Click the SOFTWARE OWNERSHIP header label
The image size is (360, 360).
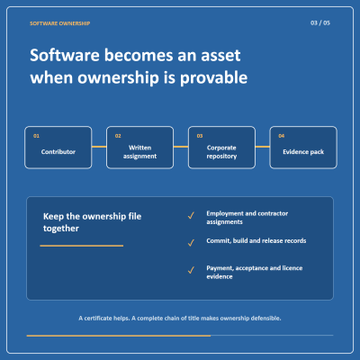(59, 23)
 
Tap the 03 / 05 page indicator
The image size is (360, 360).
(320, 22)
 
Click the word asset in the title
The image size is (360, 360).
(220, 56)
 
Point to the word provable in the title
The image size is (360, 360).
(213, 78)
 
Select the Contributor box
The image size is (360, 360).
(58, 148)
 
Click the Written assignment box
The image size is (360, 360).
(139, 148)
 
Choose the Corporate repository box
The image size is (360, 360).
(221, 148)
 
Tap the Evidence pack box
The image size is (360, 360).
(303, 148)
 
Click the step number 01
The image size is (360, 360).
(36, 136)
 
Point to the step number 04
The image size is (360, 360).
(282, 136)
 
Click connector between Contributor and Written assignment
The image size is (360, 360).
(99, 147)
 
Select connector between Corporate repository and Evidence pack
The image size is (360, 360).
(263, 147)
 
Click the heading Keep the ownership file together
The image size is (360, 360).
(92, 222)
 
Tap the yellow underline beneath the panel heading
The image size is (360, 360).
(82, 246)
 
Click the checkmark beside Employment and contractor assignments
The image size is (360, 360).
(191, 215)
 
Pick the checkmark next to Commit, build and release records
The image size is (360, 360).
(191, 243)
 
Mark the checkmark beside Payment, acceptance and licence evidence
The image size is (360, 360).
(191, 270)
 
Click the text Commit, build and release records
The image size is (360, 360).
(256, 241)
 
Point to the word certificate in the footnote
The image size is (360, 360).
(98, 318)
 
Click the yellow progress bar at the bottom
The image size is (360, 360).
(119, 336)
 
